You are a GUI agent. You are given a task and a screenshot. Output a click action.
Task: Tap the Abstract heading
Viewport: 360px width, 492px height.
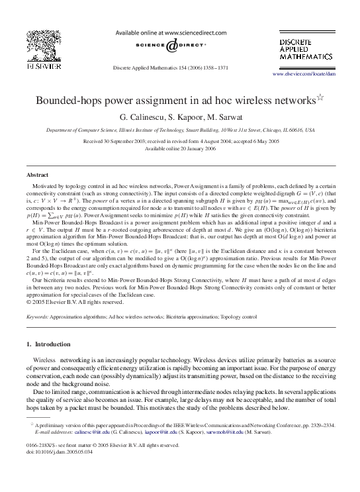tap(36, 174)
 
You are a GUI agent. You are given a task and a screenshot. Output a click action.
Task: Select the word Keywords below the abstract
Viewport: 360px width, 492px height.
tap(37, 317)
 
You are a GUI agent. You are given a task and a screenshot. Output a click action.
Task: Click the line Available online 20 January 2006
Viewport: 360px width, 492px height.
tap(179, 149)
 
